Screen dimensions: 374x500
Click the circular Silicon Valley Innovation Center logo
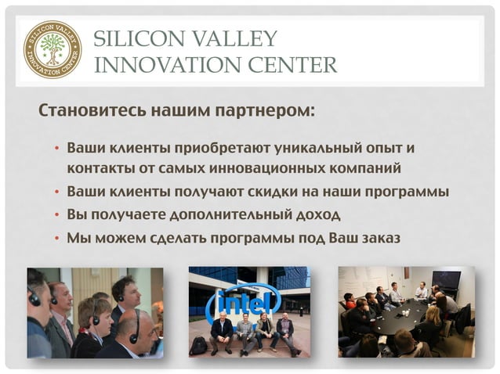pyautogui.click(x=53, y=50)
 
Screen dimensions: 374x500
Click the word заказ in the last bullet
pyautogui.click(x=379, y=236)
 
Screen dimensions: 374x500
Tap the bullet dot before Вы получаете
pyautogui.click(x=56, y=214)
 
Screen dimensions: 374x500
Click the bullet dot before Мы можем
pyautogui.click(x=56, y=237)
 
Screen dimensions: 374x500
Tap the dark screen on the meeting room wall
pyautogui.click(x=446, y=279)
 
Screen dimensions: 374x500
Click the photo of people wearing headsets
pyautogui.click(x=95, y=312)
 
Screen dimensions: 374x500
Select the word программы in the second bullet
pyautogui.click(x=411, y=191)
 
